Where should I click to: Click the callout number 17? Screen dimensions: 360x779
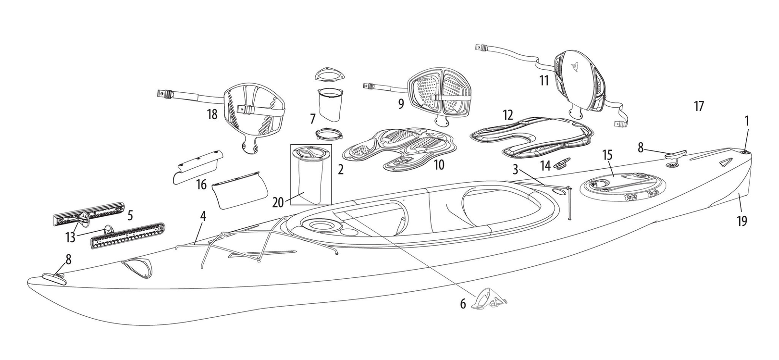[x=699, y=106]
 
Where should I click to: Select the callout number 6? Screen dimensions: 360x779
[x=463, y=304]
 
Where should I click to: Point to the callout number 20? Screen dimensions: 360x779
[x=278, y=203]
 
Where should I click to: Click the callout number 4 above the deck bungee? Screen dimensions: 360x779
[x=203, y=217]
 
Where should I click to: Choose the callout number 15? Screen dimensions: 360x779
[x=607, y=155]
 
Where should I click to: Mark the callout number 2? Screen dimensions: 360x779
[x=340, y=169]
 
